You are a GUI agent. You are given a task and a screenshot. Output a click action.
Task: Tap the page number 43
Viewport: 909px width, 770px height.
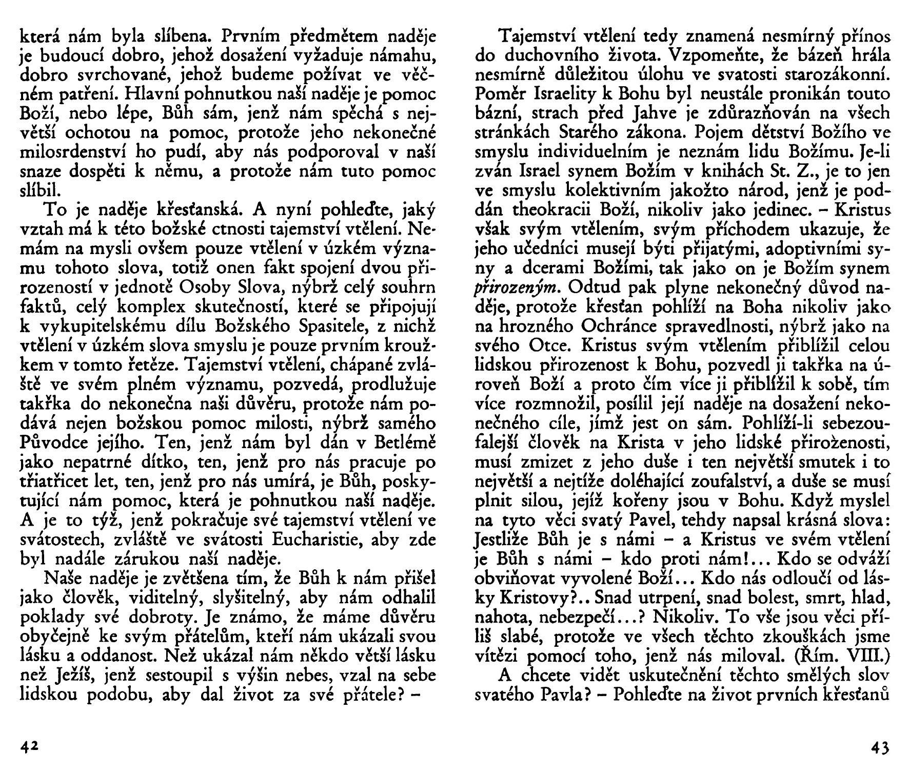tap(880, 747)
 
